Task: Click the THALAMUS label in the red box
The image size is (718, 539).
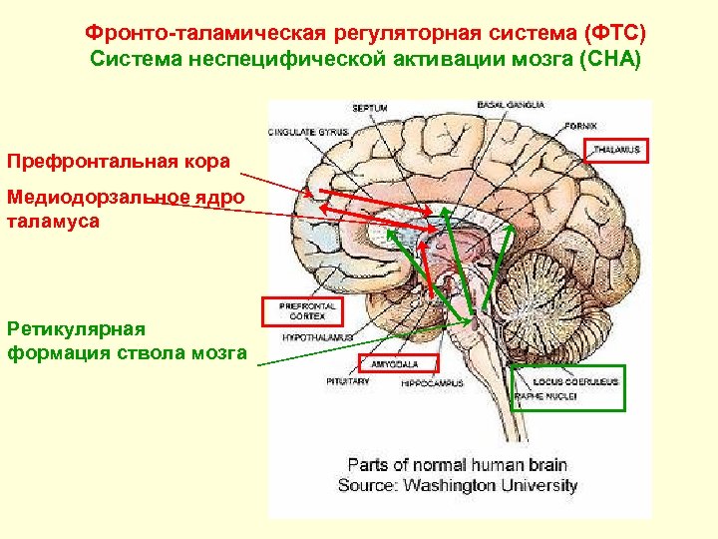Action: click(616, 151)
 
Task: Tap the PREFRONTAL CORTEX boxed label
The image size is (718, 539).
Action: click(301, 310)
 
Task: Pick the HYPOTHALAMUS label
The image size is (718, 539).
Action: click(310, 338)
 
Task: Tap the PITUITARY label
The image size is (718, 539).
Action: click(348, 381)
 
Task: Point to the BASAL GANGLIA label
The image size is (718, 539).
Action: click(512, 104)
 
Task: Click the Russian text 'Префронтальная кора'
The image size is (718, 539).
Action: click(120, 161)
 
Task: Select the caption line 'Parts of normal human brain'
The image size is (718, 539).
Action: click(456, 465)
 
